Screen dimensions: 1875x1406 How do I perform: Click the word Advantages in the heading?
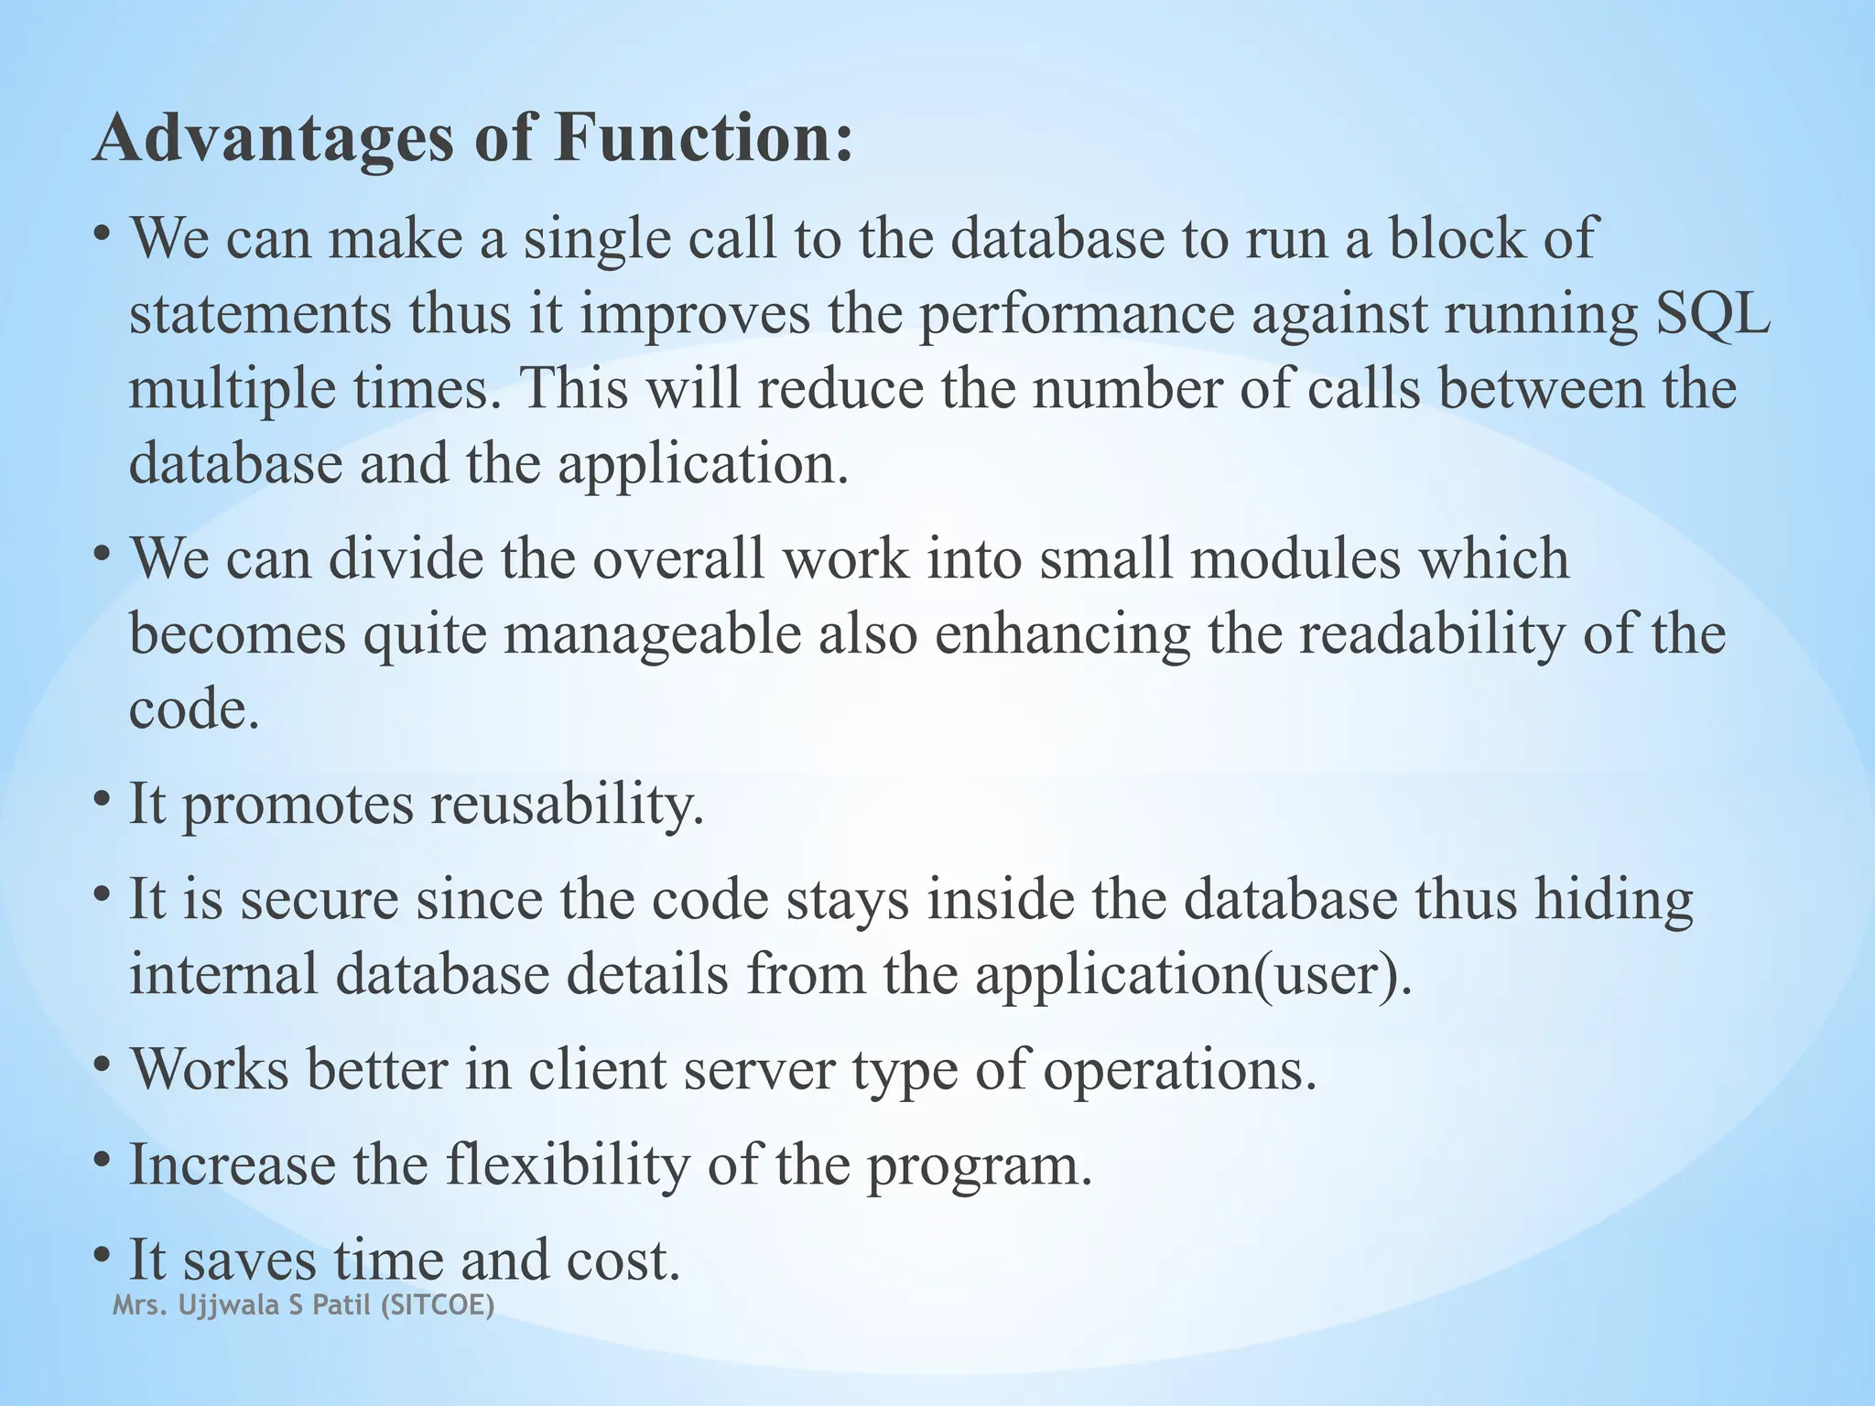point(274,139)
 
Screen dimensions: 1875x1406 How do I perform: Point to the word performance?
point(1077,315)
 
